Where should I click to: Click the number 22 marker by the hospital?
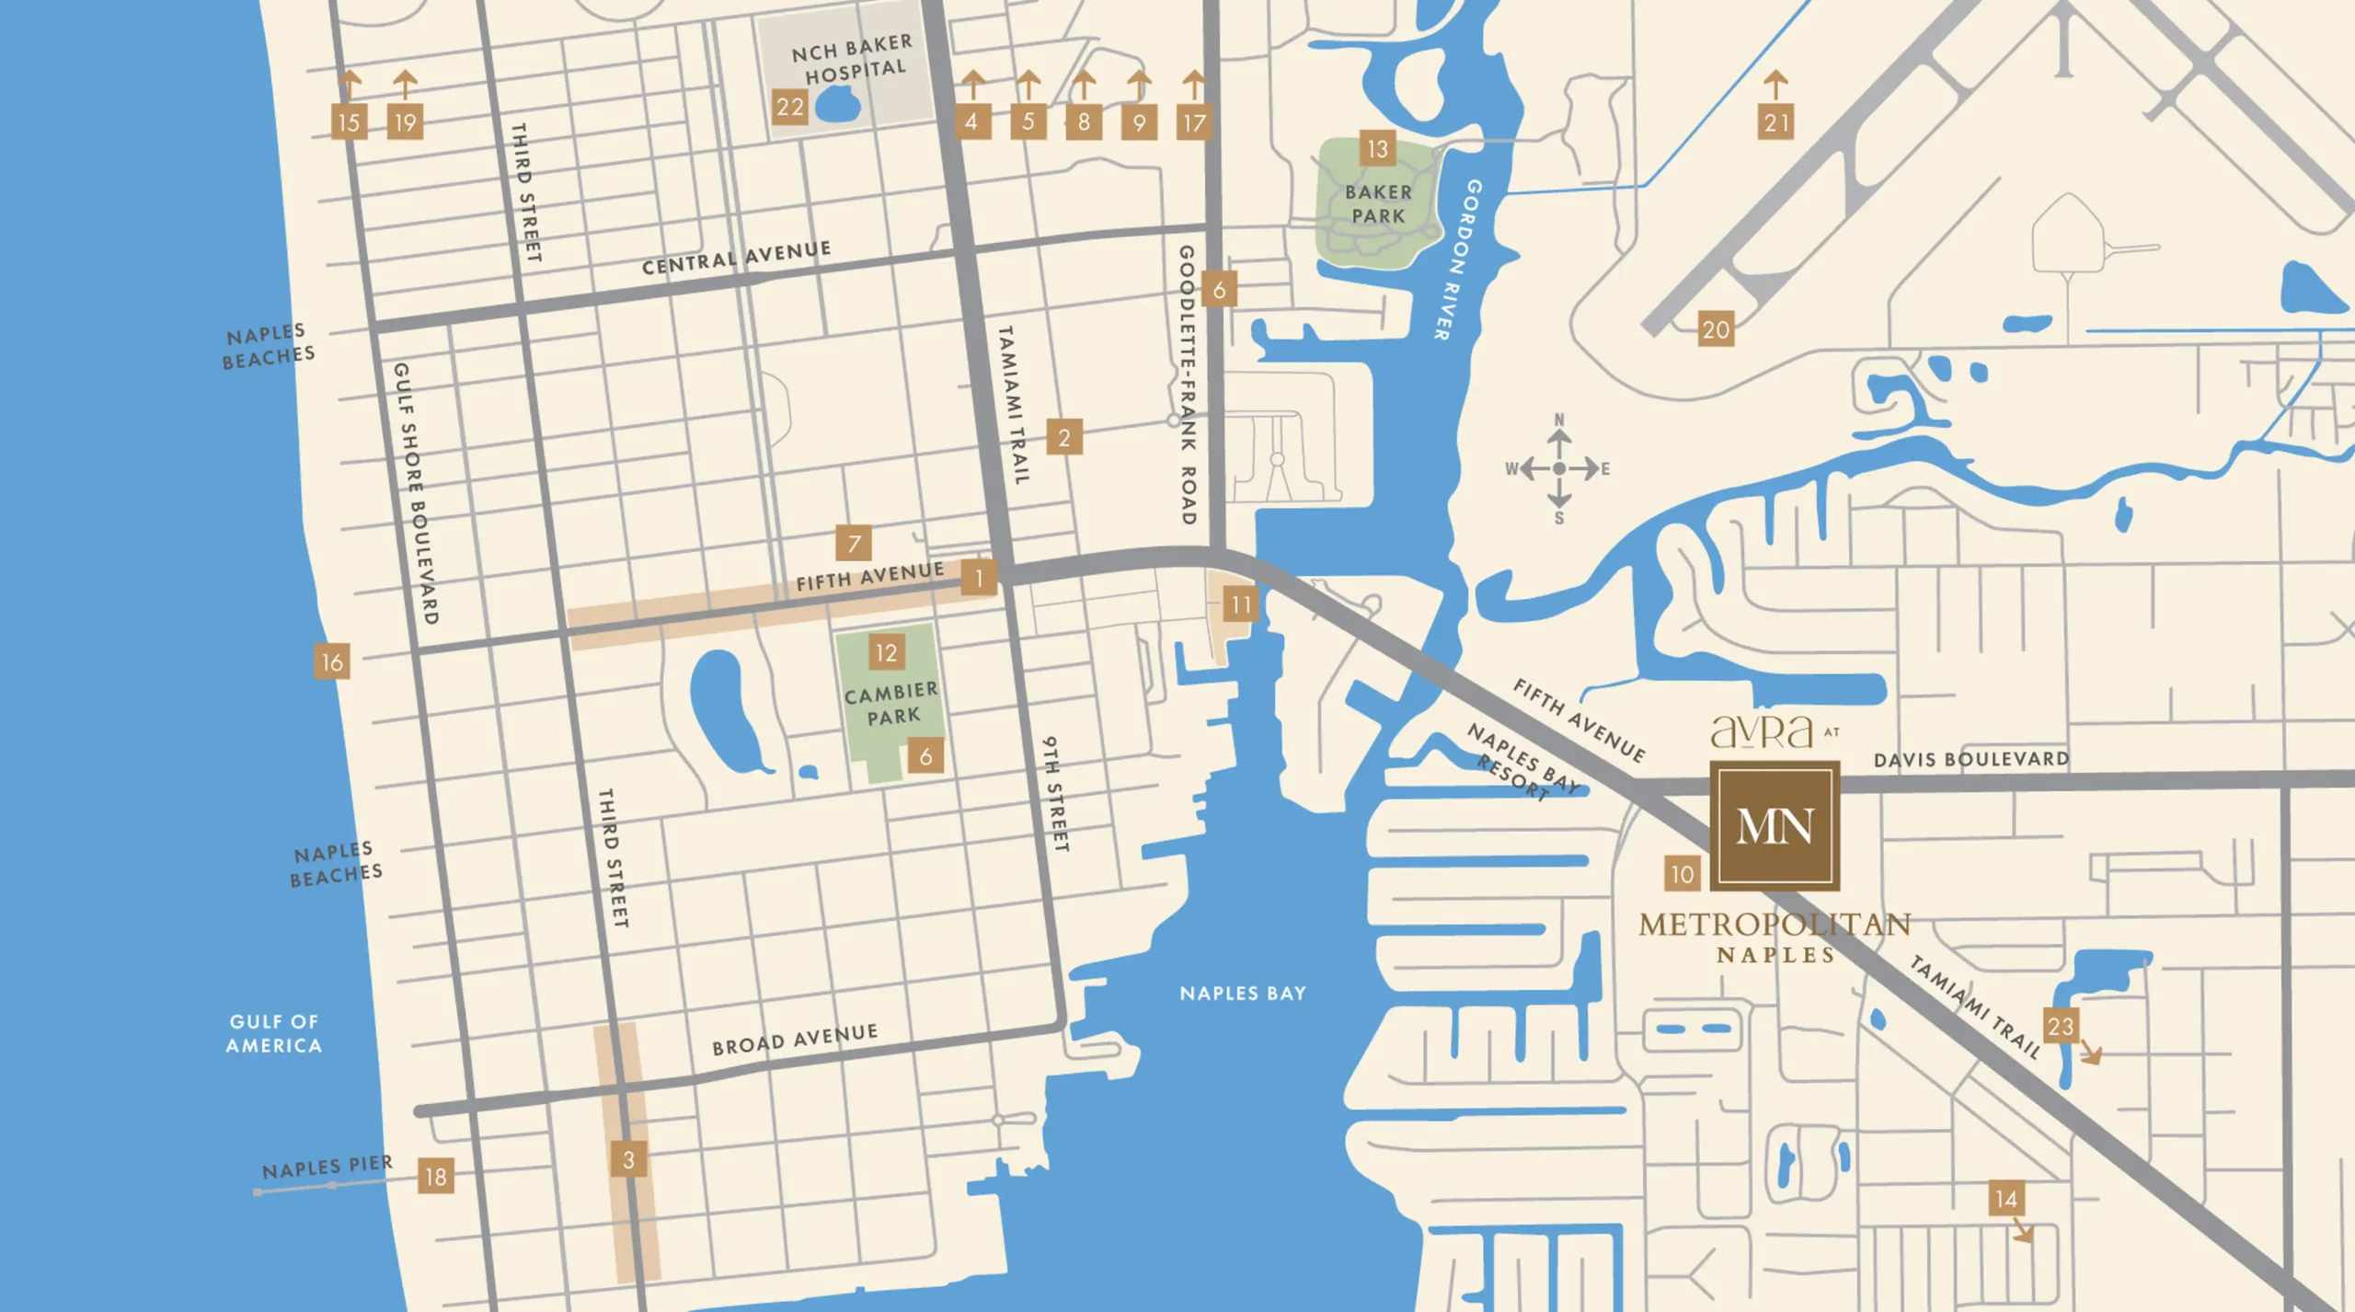[x=789, y=108]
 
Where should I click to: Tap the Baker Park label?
[x=1377, y=204]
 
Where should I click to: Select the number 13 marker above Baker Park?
[x=1377, y=149]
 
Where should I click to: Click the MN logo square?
[x=1775, y=825]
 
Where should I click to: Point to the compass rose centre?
[x=1558, y=469]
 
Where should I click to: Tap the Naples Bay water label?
[x=1243, y=994]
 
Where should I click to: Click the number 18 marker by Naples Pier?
[x=435, y=1176]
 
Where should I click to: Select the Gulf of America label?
[x=274, y=1033]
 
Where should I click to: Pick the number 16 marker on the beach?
[x=331, y=661]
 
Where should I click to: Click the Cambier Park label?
[x=891, y=704]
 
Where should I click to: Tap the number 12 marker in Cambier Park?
[x=886, y=653]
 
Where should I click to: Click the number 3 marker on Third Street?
[x=628, y=1159]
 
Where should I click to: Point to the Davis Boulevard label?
[x=1970, y=760]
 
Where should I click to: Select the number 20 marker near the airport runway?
[x=1716, y=329]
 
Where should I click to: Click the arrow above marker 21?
[x=1775, y=84]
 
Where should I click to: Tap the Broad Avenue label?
[x=795, y=1039]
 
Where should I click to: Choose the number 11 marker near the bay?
[x=1241, y=604]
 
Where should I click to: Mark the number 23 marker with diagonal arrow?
[x=2061, y=1026]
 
